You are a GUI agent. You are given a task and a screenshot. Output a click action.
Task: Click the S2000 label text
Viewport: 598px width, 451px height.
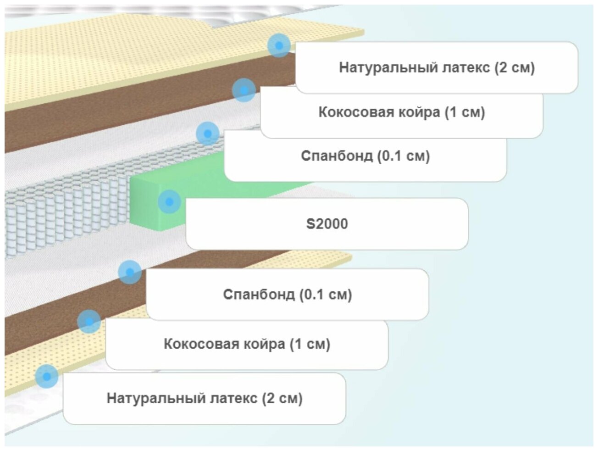[327, 224]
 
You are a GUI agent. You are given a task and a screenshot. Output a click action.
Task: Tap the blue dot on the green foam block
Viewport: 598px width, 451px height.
[169, 201]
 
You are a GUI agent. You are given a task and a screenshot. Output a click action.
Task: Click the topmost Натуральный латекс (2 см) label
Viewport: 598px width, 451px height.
[437, 67]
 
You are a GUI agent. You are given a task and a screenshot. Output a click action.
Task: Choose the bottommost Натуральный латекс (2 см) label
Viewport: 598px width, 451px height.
[205, 398]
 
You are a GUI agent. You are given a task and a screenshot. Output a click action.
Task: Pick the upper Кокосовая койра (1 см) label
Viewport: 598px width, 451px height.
[402, 112]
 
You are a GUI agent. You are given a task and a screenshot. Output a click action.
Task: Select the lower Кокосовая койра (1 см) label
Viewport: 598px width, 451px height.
[247, 344]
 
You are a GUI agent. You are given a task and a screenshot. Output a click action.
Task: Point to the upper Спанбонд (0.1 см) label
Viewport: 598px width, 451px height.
[365, 156]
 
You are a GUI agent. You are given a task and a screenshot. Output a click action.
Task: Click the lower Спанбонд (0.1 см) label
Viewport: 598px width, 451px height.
[287, 294]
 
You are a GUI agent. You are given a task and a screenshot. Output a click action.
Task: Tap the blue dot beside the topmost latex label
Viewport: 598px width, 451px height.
[279, 45]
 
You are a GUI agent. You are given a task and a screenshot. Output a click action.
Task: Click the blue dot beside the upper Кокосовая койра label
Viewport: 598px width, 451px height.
[244, 89]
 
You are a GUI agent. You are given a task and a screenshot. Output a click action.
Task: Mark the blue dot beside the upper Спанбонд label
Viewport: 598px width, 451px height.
[207, 134]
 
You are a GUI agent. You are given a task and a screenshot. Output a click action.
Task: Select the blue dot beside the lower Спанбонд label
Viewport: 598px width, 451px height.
[130, 272]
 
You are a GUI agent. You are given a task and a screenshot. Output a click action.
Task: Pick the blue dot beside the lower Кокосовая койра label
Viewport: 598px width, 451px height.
[89, 321]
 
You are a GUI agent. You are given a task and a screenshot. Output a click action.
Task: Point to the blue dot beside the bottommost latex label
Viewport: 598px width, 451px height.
[46, 376]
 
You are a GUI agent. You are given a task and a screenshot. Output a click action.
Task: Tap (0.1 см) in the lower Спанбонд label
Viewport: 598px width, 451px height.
[326, 294]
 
